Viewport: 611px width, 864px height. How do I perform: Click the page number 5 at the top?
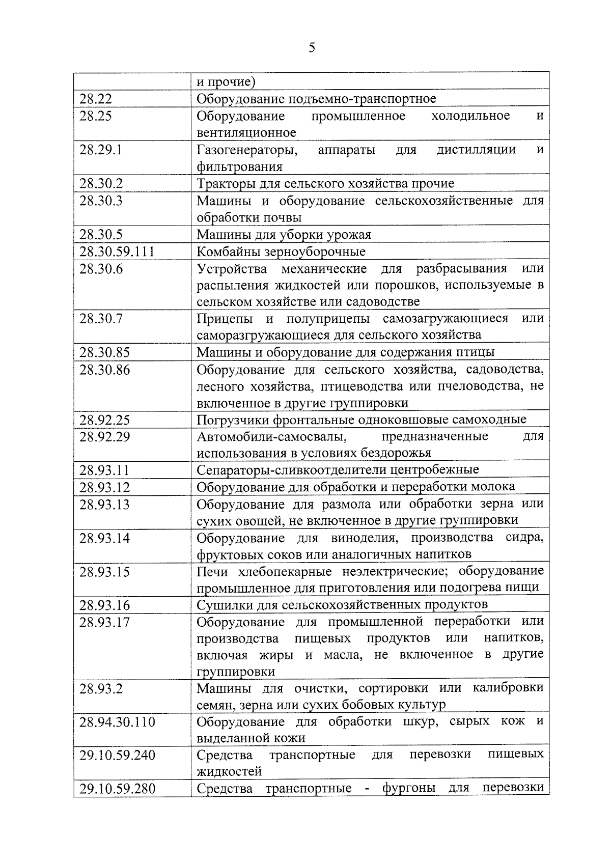point(312,48)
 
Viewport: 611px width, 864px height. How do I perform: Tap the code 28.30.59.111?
point(117,252)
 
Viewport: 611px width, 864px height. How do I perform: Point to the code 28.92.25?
point(104,420)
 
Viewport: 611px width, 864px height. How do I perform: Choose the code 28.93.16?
point(104,605)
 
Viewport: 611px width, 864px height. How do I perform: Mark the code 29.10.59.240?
point(117,755)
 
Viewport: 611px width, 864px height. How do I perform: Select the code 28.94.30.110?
point(117,722)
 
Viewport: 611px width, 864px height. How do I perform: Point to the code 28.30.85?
point(104,352)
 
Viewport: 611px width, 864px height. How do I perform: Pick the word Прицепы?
point(225,319)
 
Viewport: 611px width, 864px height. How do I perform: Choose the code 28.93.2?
point(100,688)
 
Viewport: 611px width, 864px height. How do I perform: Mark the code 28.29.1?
point(100,150)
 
